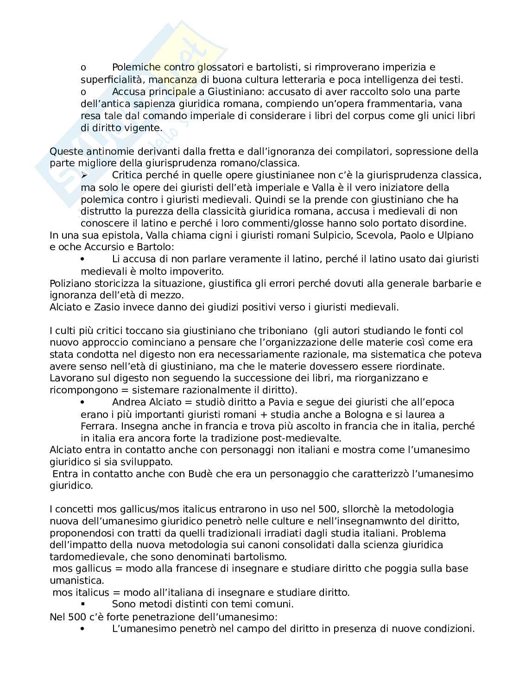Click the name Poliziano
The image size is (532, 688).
(70, 284)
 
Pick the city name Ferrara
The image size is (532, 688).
(98, 426)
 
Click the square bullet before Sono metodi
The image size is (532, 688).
(83, 605)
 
